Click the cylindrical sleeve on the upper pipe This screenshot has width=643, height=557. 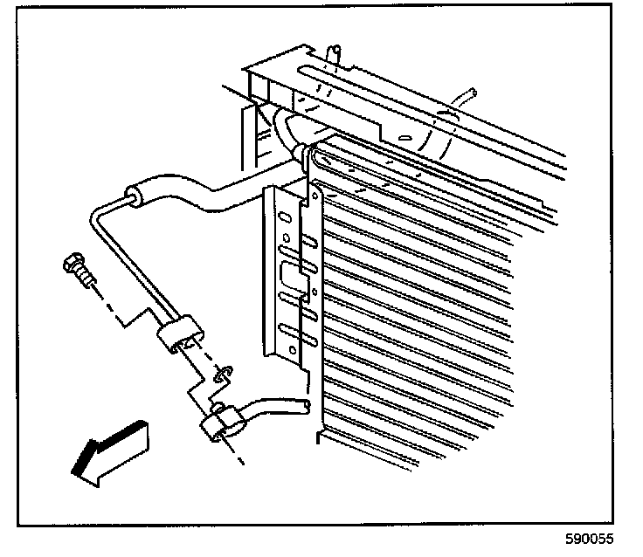pyautogui.click(x=135, y=196)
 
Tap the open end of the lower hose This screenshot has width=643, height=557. pyautogui.click(x=301, y=406)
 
